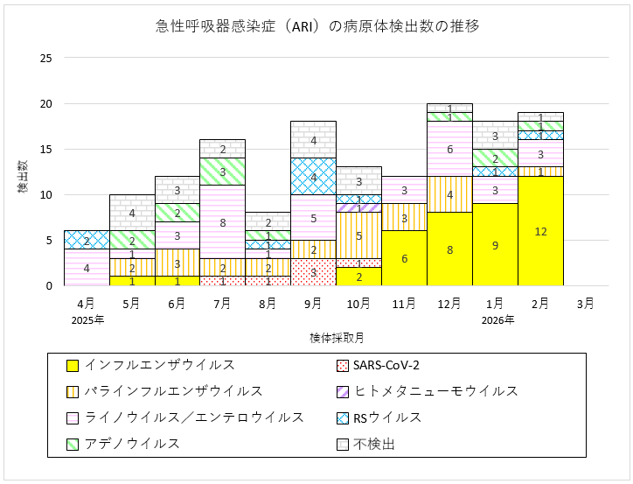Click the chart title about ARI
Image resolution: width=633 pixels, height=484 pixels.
(x=316, y=26)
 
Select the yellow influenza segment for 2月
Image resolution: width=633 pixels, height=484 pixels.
(x=540, y=231)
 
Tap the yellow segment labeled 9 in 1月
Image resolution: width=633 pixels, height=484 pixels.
(x=495, y=245)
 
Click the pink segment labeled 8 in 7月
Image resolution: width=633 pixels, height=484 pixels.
(x=222, y=222)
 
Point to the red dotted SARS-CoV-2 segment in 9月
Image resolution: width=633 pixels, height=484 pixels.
(x=313, y=272)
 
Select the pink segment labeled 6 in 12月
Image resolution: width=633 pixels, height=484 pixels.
(x=449, y=149)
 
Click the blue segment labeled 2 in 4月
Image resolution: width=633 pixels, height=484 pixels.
(x=87, y=240)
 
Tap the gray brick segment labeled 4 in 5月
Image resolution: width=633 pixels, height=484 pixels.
(x=132, y=213)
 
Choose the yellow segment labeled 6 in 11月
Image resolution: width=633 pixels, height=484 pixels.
(x=404, y=258)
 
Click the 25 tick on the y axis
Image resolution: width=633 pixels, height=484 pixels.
(x=46, y=59)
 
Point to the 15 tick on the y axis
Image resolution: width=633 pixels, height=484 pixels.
(x=46, y=150)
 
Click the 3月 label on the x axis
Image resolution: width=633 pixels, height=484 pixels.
(x=585, y=304)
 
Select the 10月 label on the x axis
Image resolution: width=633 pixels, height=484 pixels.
(x=358, y=304)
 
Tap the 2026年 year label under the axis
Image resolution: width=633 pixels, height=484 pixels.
(x=495, y=319)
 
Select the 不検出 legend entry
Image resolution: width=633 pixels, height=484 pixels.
(x=375, y=444)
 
